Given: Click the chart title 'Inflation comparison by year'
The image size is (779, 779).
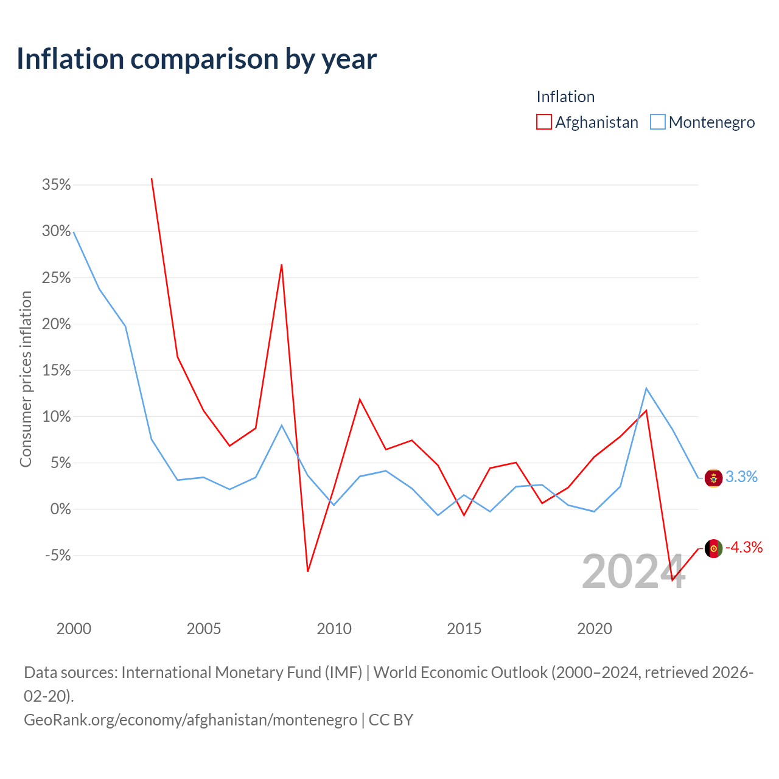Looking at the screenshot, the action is click(x=197, y=59).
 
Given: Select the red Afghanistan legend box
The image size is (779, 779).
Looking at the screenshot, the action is click(x=543, y=122).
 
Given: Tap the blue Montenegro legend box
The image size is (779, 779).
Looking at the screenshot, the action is click(x=658, y=122).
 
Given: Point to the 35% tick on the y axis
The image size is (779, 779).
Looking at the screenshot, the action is click(x=56, y=185).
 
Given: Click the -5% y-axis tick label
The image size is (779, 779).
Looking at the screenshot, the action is click(x=58, y=555).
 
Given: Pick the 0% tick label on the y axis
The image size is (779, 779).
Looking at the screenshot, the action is click(x=61, y=509).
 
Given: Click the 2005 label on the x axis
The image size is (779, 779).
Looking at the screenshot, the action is click(x=204, y=629).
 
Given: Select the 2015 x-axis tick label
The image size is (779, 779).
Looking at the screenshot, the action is click(x=464, y=629).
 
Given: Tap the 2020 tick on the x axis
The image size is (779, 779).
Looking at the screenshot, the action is click(x=594, y=629).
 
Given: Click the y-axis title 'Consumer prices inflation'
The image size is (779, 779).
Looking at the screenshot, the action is click(x=26, y=379).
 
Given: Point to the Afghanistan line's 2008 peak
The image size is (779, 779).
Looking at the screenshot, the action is click(x=281, y=265).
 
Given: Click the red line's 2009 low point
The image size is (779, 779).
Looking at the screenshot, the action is click(x=307, y=571).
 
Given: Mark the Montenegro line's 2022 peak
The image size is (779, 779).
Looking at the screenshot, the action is click(x=646, y=388).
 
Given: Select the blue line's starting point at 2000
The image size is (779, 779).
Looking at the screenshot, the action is click(x=74, y=232).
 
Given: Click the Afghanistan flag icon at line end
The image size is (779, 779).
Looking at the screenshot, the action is click(x=713, y=548).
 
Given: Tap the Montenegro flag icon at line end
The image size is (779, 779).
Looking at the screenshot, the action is click(x=713, y=478).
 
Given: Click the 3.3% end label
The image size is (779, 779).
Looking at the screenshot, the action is click(x=741, y=477).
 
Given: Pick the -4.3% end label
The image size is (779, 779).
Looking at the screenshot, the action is click(x=744, y=547).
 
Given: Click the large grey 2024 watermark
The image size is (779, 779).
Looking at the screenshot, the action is click(x=634, y=571).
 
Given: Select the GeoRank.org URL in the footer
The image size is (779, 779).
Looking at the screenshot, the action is click(x=191, y=720).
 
